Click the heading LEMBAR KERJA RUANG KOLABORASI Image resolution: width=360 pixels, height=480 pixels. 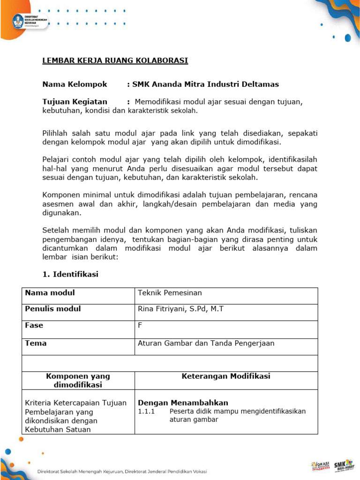(115, 61)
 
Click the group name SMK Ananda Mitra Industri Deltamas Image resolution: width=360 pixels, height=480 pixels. (205, 84)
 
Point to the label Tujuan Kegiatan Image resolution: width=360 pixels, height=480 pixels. (75, 102)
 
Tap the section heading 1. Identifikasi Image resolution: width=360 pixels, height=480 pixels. (70, 274)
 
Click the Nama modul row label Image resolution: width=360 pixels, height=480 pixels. (50, 293)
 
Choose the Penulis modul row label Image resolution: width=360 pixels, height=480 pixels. (53, 309)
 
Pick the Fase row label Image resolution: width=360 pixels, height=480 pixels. (34, 325)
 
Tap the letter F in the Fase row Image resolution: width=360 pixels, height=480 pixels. (140, 325)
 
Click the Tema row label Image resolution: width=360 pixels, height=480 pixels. (36, 343)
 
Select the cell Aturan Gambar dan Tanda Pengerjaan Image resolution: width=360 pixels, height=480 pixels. (206, 343)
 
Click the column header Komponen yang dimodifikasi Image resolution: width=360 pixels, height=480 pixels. (78, 380)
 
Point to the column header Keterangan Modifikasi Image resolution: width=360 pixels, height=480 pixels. (225, 376)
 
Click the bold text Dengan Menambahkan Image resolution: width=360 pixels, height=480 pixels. (183, 403)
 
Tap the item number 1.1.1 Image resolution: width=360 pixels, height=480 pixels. (146, 411)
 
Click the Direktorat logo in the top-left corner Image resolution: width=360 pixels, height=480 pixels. (29, 21)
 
